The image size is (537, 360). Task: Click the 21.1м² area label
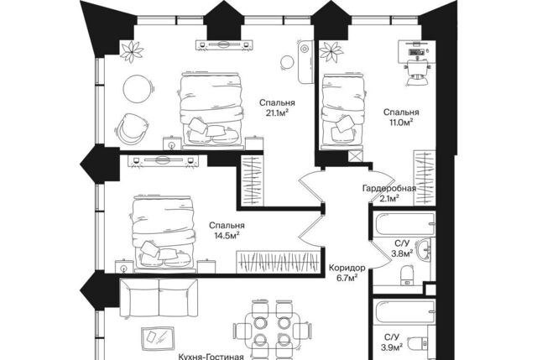coord(277,113)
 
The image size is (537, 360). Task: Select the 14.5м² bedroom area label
coord(227,236)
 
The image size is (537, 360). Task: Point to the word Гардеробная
coord(389,189)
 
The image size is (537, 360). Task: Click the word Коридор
coord(347,268)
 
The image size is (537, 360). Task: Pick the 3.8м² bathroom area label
coord(402,253)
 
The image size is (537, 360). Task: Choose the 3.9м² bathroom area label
coord(392,347)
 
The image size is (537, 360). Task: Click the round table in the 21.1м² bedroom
coord(137,89)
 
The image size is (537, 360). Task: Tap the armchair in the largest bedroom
coord(132,128)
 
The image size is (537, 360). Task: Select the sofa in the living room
coord(159,298)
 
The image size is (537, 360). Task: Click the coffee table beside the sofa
coord(158,338)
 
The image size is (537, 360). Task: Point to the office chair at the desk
coord(418,73)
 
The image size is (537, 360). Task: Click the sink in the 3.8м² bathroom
coord(424,248)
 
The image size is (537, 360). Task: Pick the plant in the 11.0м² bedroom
coord(330,52)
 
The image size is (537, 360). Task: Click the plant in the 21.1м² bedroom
coord(132,52)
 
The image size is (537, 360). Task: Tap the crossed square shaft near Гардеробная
coord(355,157)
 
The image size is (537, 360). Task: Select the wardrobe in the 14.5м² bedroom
coord(279,262)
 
